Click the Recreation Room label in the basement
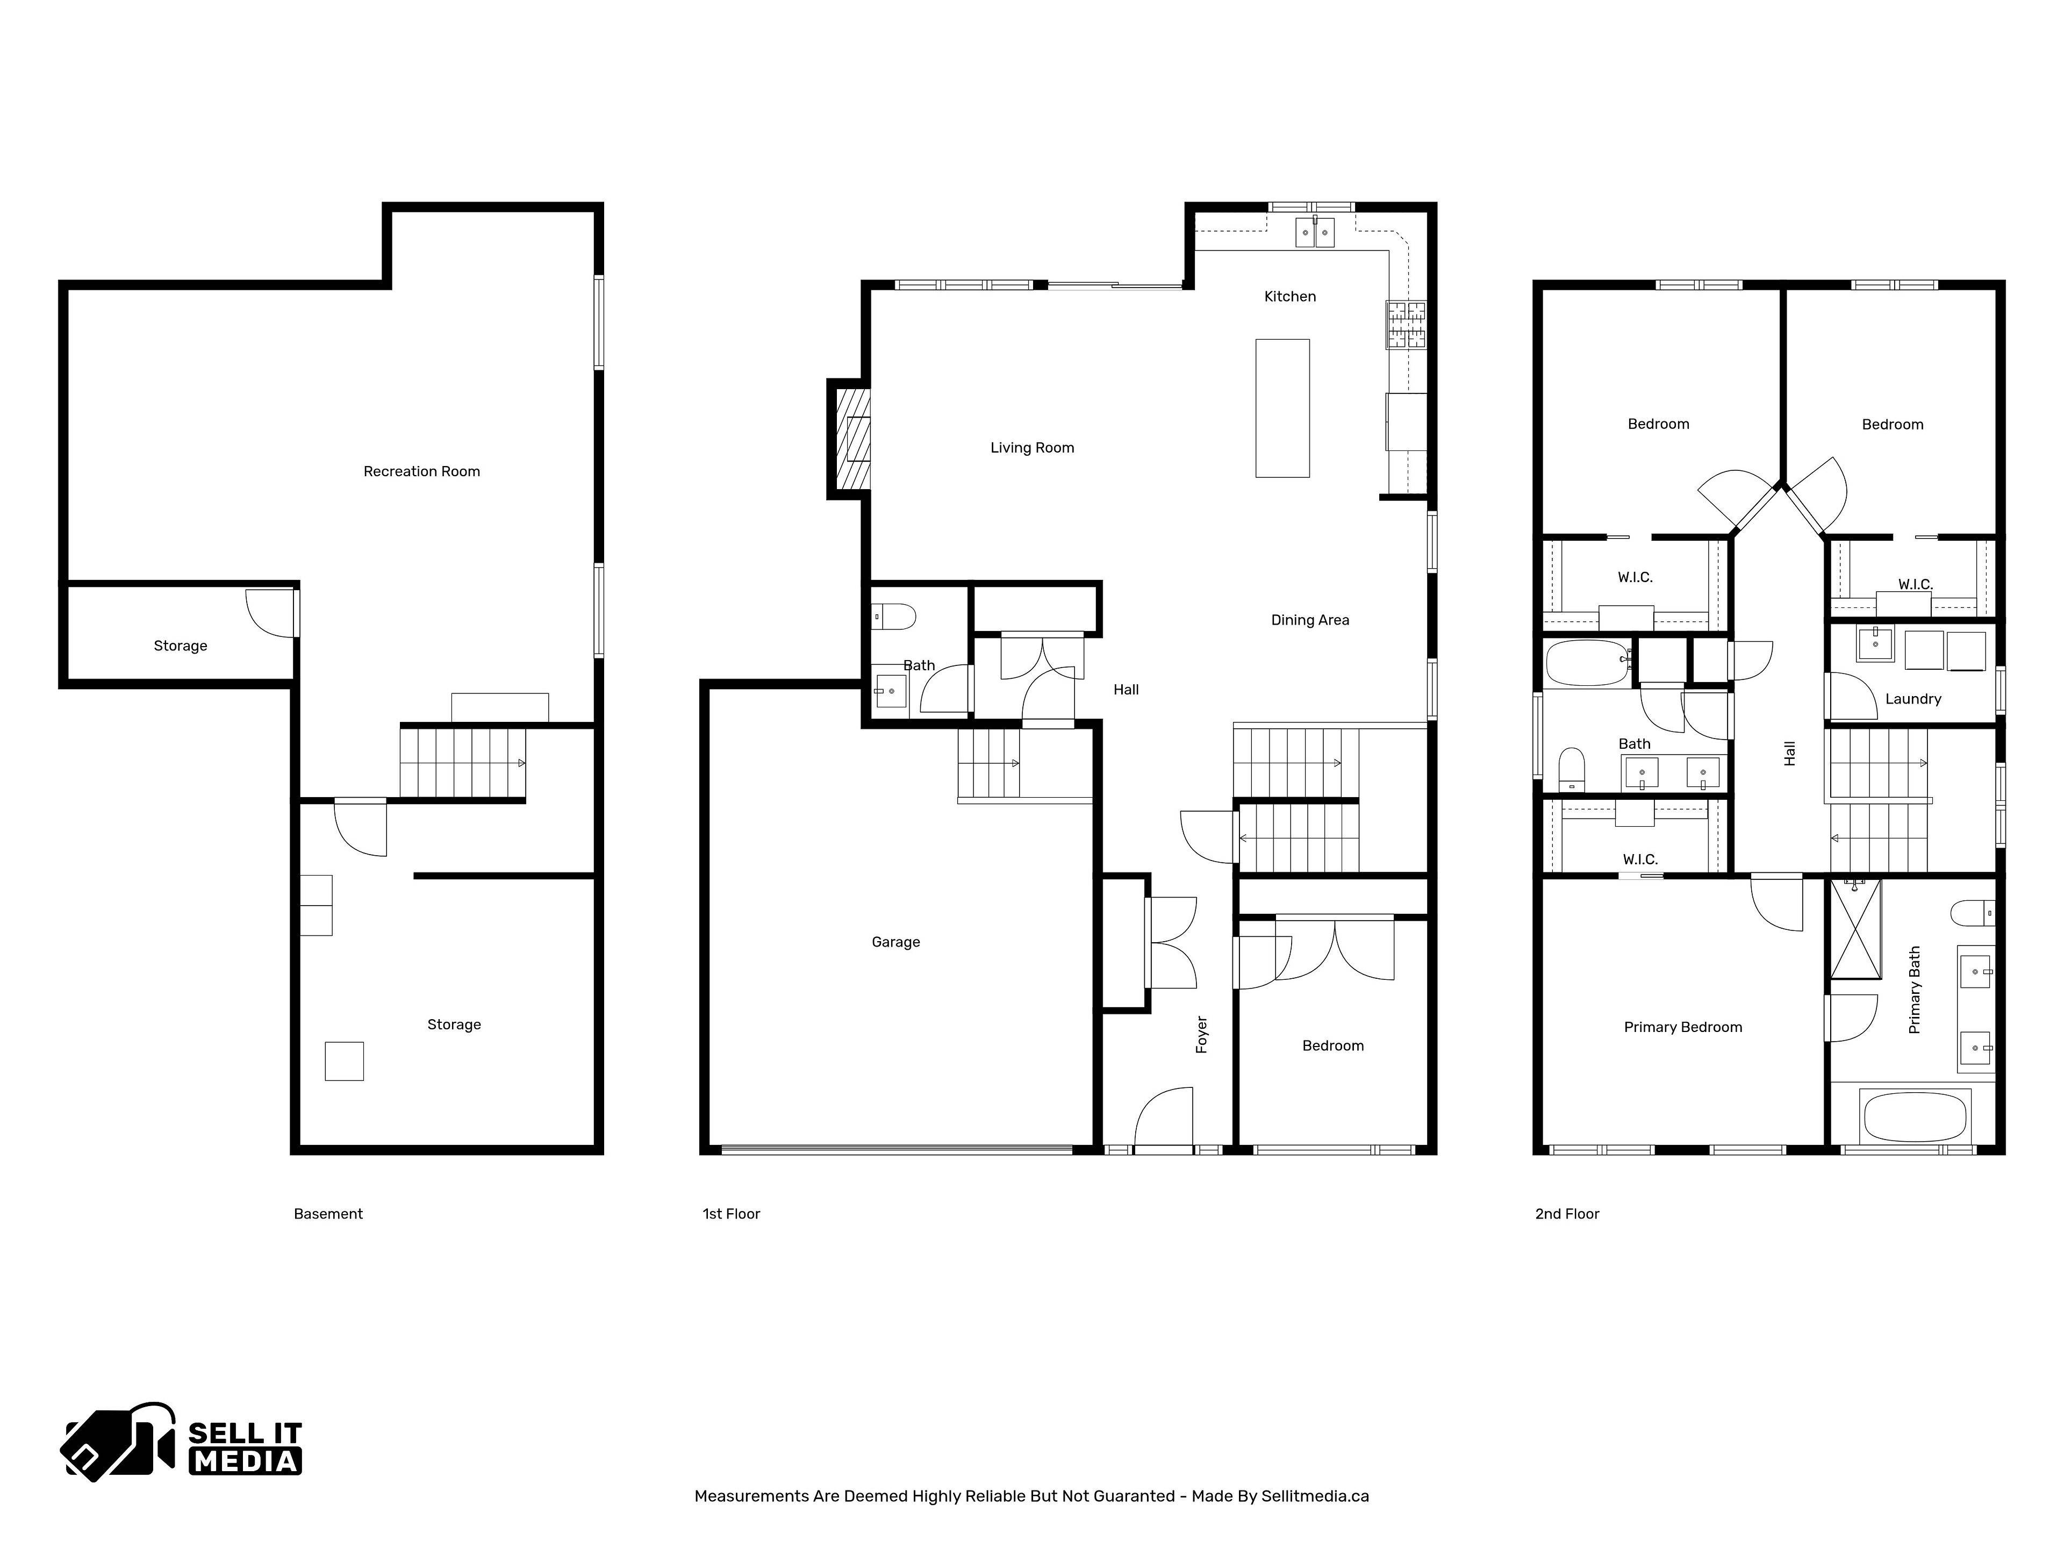pyautogui.click(x=422, y=471)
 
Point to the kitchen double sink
pyautogui.click(x=1315, y=232)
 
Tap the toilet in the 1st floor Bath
pyautogui.click(x=894, y=617)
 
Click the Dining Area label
pyautogui.click(x=1309, y=620)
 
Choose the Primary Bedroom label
pyautogui.click(x=1682, y=1027)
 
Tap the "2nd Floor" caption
pyautogui.click(x=1567, y=1214)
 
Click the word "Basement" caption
pyautogui.click(x=327, y=1214)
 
